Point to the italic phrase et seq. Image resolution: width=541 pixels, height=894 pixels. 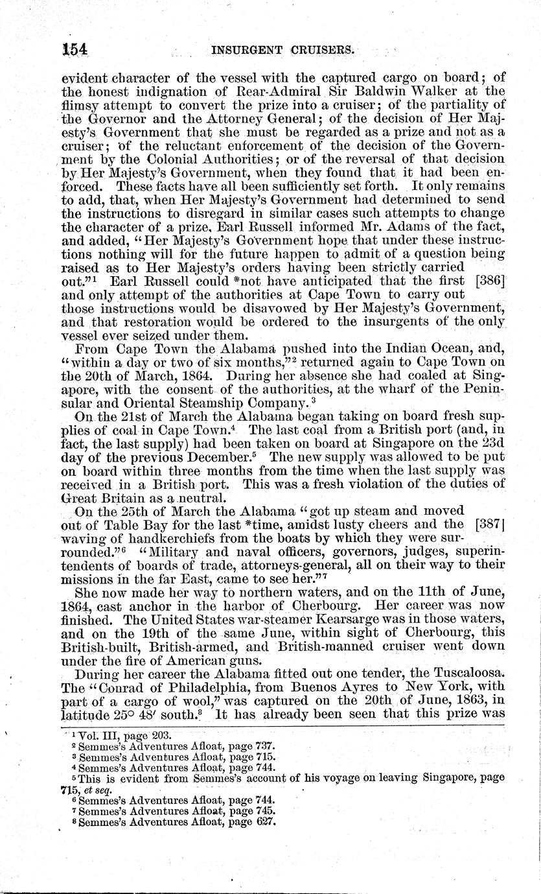click(96, 790)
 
